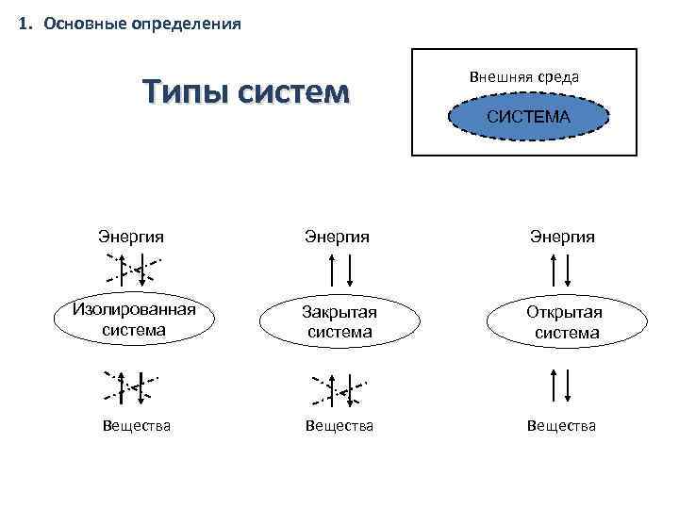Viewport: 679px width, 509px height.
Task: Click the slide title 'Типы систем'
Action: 245,93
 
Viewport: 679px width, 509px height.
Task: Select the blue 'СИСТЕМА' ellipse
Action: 528,117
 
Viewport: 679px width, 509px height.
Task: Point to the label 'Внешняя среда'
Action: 523,76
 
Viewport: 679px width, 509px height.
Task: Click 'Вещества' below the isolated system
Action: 137,426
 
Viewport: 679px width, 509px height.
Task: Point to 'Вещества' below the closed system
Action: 339,426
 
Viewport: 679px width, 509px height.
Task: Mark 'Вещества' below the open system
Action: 562,426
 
